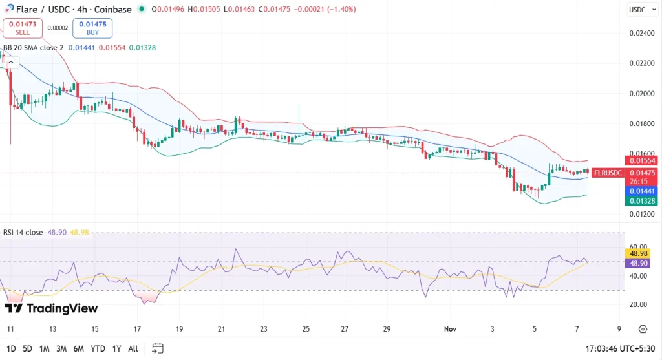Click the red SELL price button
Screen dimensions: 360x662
click(x=23, y=28)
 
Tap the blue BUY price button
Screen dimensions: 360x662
click(x=92, y=28)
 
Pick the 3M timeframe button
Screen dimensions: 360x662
click(x=61, y=348)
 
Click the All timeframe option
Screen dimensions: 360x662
click(x=133, y=348)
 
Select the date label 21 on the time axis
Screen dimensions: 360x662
click(x=221, y=328)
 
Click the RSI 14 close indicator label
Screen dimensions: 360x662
click(x=23, y=231)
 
